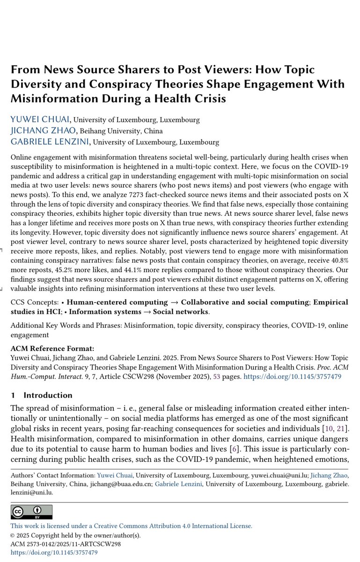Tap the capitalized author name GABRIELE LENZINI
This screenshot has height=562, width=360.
point(50,141)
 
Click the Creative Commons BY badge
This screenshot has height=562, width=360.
point(32,512)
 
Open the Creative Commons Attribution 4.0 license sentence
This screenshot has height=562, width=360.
point(132,526)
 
